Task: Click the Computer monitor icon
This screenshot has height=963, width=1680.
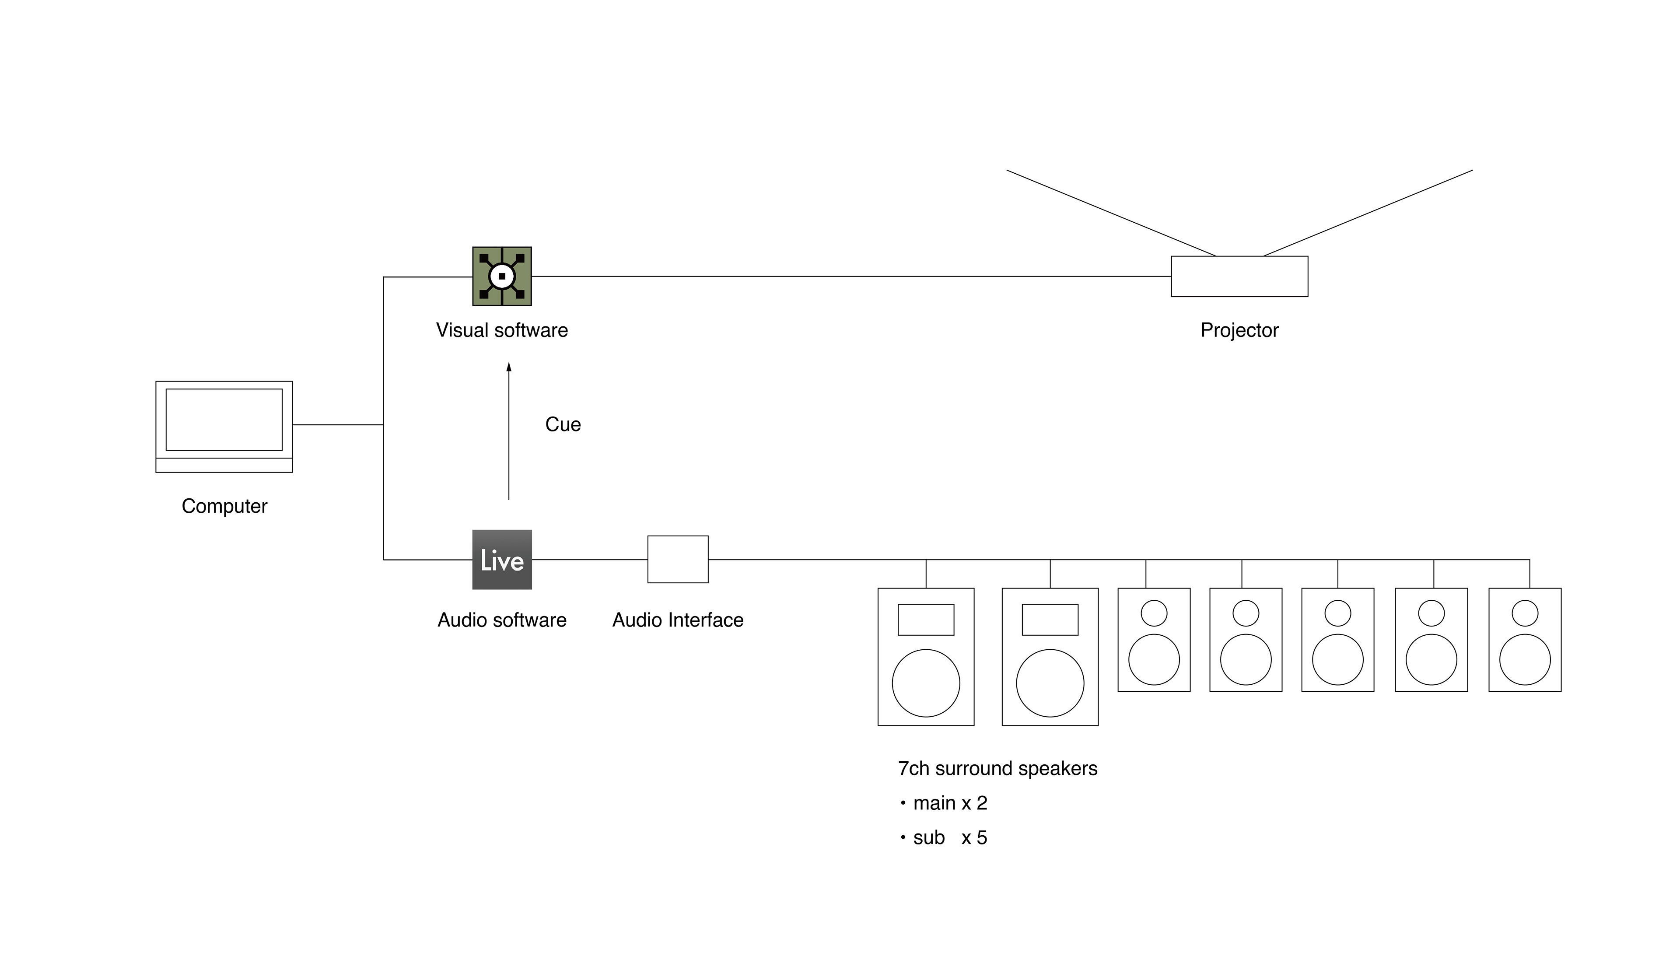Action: click(x=224, y=427)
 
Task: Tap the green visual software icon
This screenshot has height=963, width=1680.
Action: click(x=502, y=277)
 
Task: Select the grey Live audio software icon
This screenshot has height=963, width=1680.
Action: click(x=502, y=560)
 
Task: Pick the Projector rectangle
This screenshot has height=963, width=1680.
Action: click(x=1239, y=277)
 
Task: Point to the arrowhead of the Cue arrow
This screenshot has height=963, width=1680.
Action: click(x=508, y=367)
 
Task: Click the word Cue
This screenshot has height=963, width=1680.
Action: click(x=563, y=424)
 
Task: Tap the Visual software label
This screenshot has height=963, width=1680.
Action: click(x=502, y=330)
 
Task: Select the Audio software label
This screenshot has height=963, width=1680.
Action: click(x=502, y=620)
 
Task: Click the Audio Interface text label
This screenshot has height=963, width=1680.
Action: click(x=678, y=620)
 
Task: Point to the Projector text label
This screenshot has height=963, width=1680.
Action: click(x=1239, y=330)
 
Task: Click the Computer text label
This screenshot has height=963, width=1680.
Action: click(x=224, y=506)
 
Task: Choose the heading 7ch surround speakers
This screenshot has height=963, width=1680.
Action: click(x=997, y=769)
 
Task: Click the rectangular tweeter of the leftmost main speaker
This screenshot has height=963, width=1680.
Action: click(x=926, y=620)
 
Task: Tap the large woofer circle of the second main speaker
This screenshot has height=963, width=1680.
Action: click(x=1050, y=683)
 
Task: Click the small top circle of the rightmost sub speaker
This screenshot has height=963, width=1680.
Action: click(x=1525, y=613)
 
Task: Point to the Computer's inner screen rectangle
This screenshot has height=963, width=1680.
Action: click(x=224, y=419)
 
